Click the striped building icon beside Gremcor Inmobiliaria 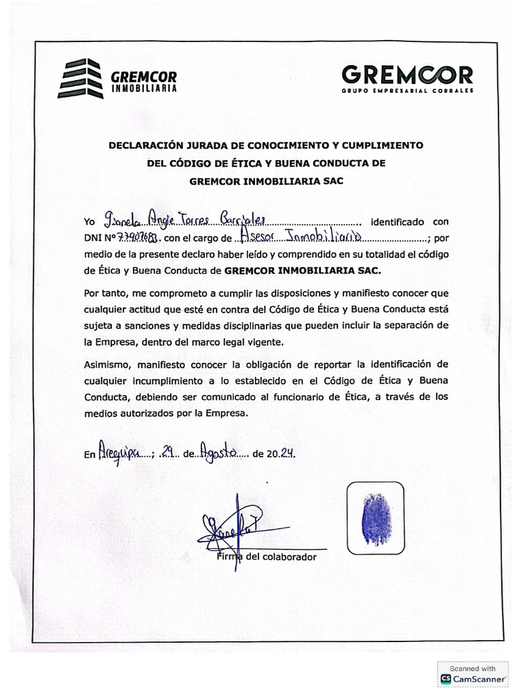[79, 79]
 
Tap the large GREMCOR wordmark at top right [407, 74]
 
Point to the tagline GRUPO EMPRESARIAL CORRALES [407, 90]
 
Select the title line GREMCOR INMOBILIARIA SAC [267, 181]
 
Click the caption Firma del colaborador [266, 557]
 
